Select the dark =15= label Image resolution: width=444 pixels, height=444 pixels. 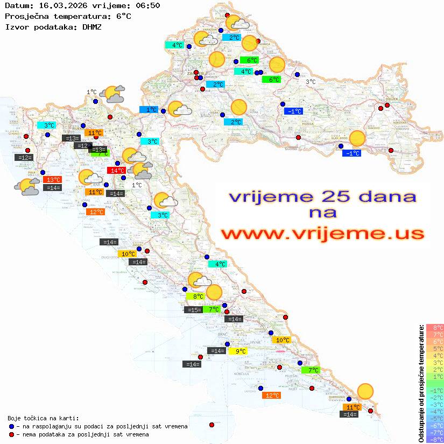point(193,309)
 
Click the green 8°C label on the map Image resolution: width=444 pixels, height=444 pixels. point(195,296)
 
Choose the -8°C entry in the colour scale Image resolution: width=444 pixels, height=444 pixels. point(435,439)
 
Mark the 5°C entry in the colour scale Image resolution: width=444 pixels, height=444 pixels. point(435,348)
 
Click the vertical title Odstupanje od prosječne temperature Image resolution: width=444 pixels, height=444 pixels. point(421,383)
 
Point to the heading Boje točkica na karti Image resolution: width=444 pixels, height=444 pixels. point(43,418)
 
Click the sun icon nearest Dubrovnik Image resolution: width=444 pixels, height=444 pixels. point(365,391)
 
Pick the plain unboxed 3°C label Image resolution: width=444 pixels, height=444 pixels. point(311,82)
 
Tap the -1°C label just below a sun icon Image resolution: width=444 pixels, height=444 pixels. point(351,153)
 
